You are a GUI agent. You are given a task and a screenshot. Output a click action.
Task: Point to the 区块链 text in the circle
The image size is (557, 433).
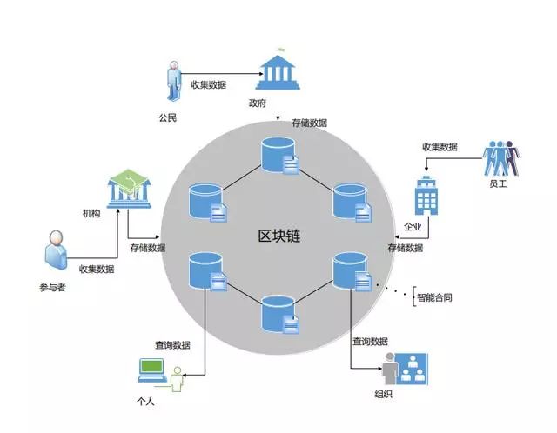[278, 235]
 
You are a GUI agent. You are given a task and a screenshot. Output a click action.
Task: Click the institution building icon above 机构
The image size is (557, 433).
[126, 188]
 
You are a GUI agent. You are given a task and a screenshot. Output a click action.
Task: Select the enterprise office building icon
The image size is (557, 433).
[426, 197]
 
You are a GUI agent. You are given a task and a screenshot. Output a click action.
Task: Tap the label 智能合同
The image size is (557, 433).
[434, 297]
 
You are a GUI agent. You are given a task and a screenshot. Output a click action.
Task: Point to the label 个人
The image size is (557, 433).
[146, 401]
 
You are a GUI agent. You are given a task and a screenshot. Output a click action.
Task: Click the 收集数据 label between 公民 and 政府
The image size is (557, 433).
[209, 84]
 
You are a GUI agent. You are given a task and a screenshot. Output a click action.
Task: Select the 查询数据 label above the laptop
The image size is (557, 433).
[173, 345]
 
